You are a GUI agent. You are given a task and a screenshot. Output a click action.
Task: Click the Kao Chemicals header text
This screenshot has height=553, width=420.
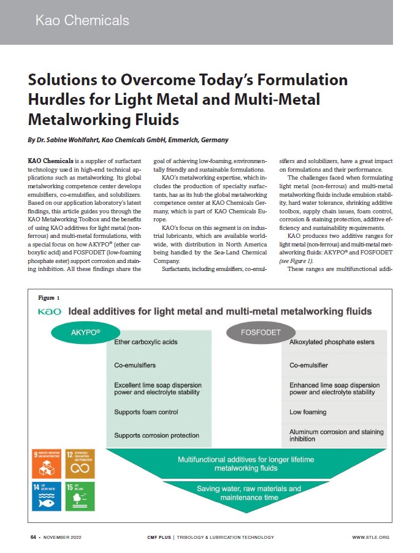coord(82,20)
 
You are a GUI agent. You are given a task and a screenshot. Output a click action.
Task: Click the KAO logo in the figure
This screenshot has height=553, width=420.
coord(50,312)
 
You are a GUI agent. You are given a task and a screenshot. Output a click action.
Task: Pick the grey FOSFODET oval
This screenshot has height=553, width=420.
coord(256,334)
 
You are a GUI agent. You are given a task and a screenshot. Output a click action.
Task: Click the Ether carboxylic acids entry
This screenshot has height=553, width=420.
coord(145,343)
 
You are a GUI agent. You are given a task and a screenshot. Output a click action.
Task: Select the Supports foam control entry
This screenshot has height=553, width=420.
coord(146,412)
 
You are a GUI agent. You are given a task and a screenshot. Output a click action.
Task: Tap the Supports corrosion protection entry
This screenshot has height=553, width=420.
coord(156,435)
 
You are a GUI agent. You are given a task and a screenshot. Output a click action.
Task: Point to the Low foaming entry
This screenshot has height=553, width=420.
coord(308,412)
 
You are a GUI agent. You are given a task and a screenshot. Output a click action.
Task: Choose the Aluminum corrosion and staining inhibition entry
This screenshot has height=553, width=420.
coord(337,435)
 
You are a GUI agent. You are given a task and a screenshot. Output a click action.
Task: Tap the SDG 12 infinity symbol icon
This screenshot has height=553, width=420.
coord(80,463)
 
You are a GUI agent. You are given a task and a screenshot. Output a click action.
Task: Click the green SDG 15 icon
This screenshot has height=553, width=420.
coord(80,497)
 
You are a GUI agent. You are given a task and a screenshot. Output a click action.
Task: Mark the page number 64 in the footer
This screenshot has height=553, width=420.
coord(34,538)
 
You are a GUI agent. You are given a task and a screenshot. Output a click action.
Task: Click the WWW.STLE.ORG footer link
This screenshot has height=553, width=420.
coord(370,538)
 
